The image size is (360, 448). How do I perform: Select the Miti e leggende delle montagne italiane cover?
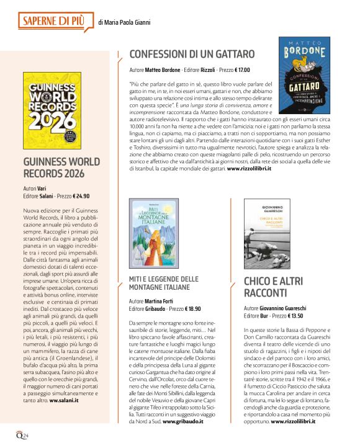click(151, 234)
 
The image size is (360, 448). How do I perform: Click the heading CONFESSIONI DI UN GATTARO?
click(192, 54)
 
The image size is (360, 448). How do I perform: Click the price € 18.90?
click(187, 308)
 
